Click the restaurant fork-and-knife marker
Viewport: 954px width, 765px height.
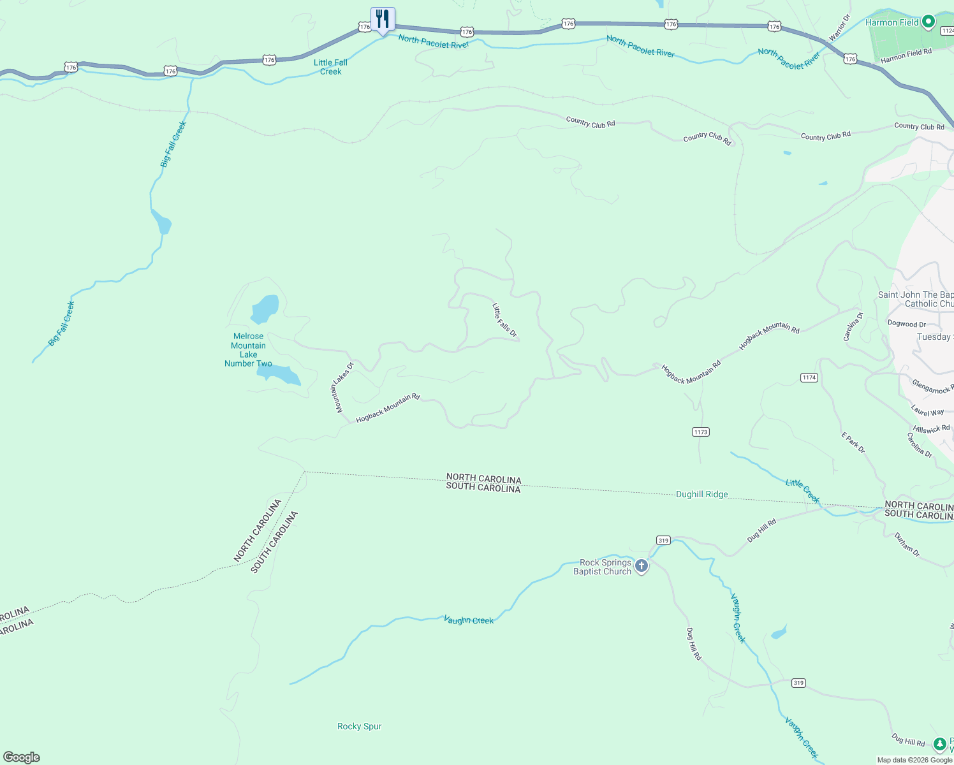point(383,18)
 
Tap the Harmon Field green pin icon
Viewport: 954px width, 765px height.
point(928,22)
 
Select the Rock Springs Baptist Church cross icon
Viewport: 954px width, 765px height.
point(642,565)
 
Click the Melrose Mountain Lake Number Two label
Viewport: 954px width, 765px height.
point(248,350)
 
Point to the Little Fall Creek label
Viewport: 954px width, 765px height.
point(331,67)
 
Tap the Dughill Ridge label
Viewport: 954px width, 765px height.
point(701,495)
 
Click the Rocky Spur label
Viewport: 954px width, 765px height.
point(359,727)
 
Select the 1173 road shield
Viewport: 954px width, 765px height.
point(701,432)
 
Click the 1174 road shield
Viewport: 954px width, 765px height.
point(809,378)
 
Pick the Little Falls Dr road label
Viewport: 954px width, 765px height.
point(504,320)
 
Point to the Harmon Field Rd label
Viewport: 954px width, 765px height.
point(906,55)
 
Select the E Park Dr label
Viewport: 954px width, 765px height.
point(853,443)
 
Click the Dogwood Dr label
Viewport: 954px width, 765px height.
point(906,324)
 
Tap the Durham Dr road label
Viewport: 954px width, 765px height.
point(906,544)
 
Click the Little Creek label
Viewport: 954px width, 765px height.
point(802,491)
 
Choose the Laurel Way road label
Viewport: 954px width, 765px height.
point(927,412)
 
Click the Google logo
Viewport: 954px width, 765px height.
point(22,757)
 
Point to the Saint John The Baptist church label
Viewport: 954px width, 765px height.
point(916,299)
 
